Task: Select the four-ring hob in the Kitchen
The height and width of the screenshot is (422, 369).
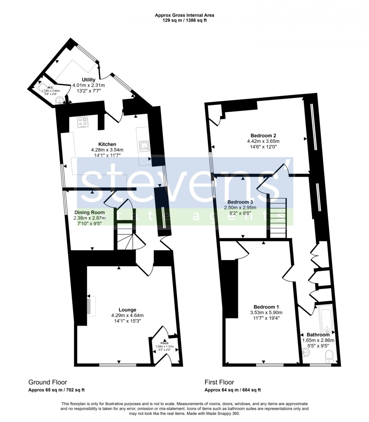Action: (84, 123)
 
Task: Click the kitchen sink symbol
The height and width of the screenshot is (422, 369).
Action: (145, 146)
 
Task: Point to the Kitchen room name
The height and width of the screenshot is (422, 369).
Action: (107, 144)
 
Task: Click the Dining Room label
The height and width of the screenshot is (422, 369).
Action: (90, 212)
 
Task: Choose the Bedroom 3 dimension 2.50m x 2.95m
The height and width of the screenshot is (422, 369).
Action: (240, 208)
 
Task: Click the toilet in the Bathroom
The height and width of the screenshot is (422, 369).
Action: (330, 356)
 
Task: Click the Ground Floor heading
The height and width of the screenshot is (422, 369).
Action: (48, 382)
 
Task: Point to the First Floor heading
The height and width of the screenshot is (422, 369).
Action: (219, 382)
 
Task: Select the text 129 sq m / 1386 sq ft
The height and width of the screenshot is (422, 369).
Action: (184, 21)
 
